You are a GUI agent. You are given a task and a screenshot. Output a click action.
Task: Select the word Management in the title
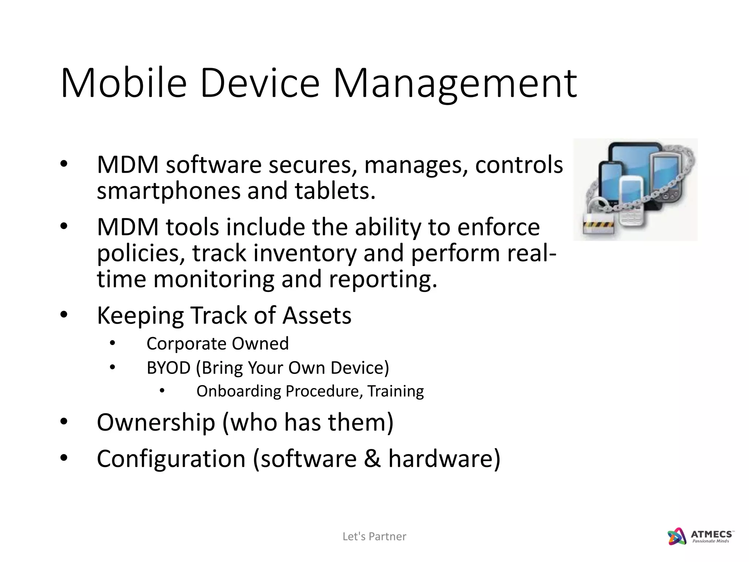tap(455, 85)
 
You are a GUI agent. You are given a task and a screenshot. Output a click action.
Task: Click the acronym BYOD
tap(169, 368)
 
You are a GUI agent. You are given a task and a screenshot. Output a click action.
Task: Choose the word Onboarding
tap(238, 391)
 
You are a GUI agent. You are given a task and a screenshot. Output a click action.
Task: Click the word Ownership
tap(156, 422)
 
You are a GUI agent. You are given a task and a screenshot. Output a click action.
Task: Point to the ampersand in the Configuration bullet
tap(372, 458)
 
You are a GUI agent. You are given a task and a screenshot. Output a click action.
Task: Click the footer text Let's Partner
tap(374, 536)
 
